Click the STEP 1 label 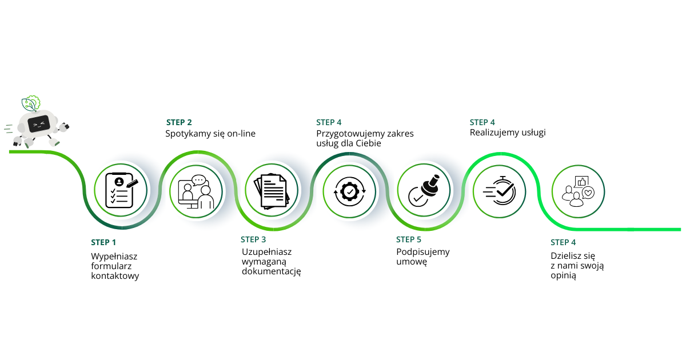103,242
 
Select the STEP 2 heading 179,122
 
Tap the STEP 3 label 253,239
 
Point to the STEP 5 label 409,239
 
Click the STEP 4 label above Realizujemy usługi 482,122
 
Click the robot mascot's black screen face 39,124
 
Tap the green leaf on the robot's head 29,105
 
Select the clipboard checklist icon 121,190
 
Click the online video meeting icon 196,192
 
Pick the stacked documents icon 272,191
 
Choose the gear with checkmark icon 350,192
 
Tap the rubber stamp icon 424,191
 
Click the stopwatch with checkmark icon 500,190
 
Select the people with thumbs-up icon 578,191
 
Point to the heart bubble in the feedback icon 588,193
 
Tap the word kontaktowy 115,276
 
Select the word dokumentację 272,271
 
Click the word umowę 412,262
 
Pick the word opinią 564,275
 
